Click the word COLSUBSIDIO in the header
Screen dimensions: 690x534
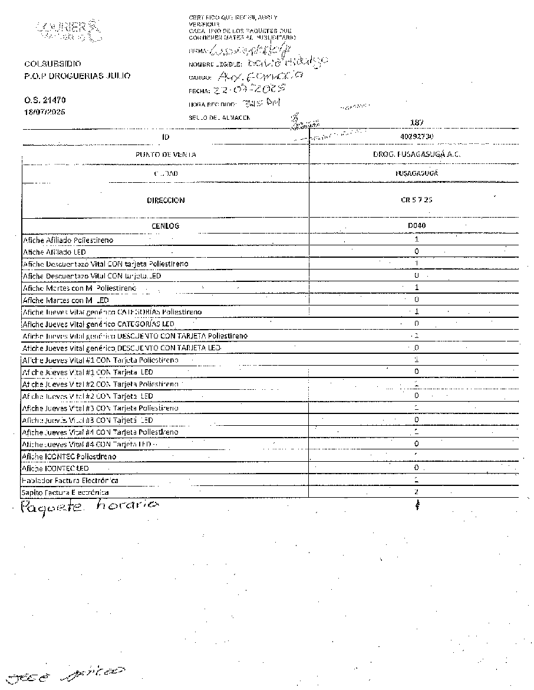click(53, 64)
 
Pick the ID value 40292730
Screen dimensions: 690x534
click(416, 136)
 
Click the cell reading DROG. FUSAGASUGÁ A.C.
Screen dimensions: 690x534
click(416, 155)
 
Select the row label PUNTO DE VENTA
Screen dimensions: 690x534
click(166, 155)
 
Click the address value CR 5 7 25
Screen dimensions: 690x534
click(416, 200)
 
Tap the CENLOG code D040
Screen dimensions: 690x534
click(416, 226)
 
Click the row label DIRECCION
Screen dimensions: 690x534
click(166, 201)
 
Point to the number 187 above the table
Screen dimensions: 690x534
click(416, 123)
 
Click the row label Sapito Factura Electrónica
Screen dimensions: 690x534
click(65, 492)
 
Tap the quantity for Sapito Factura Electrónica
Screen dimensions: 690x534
click(416, 492)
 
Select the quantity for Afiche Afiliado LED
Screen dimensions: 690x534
click(416, 252)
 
